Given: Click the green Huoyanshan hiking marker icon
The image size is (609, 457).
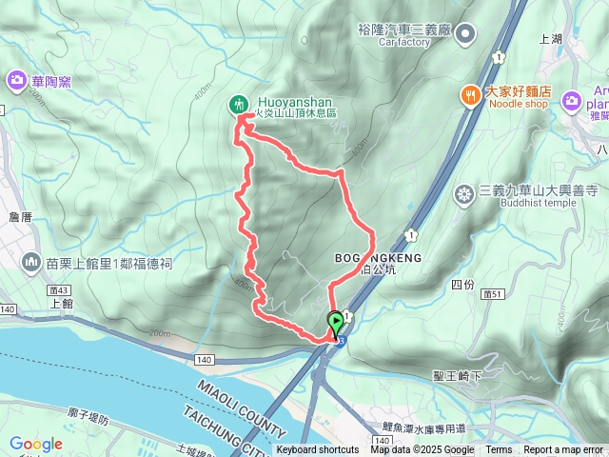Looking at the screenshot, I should click(238, 104).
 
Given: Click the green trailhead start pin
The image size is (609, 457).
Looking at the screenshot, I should click(336, 323).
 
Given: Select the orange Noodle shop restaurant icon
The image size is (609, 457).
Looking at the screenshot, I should click(469, 94).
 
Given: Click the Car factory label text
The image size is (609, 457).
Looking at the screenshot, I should click(405, 42).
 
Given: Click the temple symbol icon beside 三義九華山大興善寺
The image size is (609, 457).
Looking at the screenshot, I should click(464, 195).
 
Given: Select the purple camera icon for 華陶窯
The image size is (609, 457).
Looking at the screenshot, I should click(15, 81).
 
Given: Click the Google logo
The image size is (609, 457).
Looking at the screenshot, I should click(36, 444).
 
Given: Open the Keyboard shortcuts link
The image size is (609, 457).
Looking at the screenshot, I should click(318, 450).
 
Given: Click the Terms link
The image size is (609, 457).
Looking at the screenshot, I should click(499, 450).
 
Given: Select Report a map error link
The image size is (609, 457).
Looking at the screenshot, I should click(563, 450).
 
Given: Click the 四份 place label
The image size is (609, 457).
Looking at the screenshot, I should click(462, 284).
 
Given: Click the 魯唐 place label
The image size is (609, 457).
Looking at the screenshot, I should click(21, 217).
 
